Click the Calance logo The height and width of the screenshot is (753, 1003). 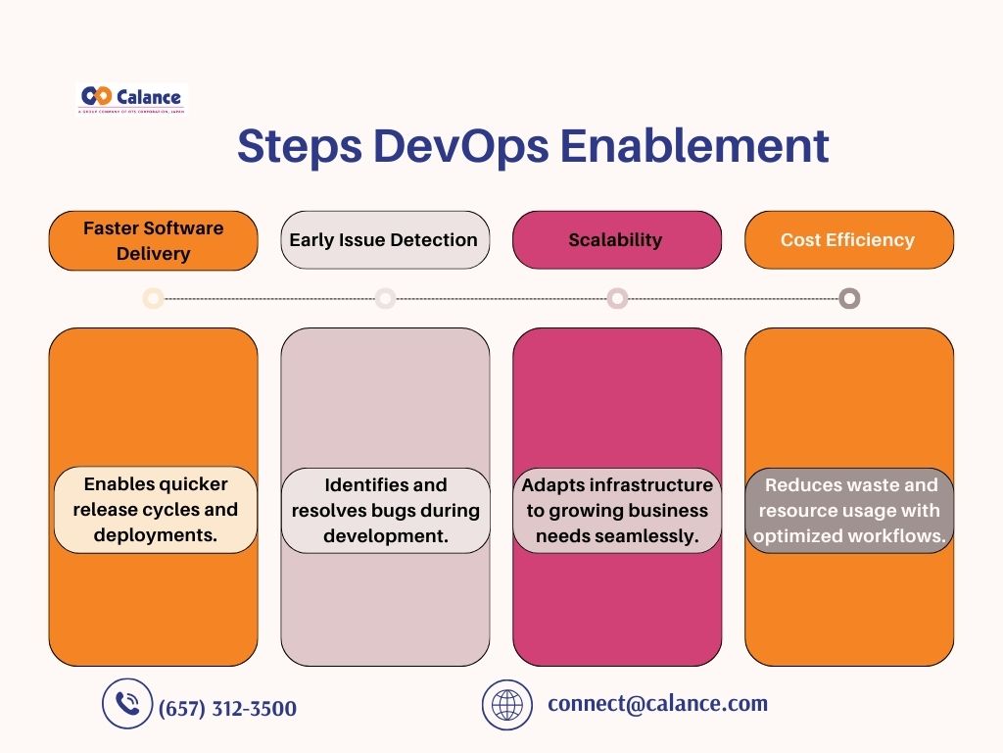[131, 98]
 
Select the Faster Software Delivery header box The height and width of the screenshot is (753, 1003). [153, 240]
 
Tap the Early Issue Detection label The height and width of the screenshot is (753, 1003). [384, 240]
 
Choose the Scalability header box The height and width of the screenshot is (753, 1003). [616, 240]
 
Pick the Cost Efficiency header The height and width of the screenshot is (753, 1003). [848, 240]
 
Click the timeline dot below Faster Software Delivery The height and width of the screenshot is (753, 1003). [153, 298]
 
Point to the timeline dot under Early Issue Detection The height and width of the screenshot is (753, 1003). [385, 298]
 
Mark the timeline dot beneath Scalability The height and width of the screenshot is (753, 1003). [617, 298]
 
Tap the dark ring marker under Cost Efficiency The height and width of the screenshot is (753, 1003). [849, 298]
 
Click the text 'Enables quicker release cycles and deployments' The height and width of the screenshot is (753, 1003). [155, 510]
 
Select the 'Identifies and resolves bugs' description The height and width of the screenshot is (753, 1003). [385, 510]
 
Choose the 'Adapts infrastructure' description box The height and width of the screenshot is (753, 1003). [617, 510]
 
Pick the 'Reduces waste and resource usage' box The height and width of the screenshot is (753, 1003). [849, 510]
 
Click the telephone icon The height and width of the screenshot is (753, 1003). [127, 704]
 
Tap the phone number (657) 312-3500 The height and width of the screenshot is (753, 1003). [227, 708]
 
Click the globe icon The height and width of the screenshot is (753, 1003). [506, 705]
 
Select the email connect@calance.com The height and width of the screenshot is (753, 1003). [657, 704]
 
